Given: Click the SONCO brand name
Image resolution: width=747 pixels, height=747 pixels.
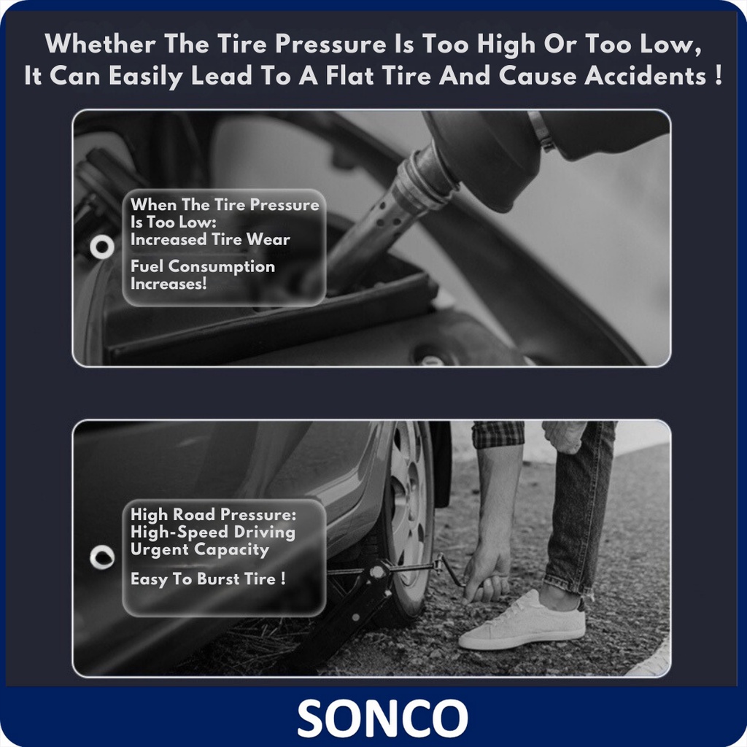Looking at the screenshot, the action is (382, 718).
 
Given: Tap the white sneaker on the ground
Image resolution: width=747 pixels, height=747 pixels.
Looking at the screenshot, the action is (523, 621).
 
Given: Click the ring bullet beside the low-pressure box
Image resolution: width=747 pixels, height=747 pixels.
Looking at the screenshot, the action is (102, 247).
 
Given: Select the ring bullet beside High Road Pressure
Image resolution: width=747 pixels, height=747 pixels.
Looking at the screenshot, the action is (102, 557).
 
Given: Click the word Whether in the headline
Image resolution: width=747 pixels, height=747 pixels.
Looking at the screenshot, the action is (100, 44).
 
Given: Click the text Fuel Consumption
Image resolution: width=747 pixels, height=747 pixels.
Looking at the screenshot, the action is (203, 266).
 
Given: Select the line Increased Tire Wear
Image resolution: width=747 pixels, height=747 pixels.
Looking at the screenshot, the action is (210, 239).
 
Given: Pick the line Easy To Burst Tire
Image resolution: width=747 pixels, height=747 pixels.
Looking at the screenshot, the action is (208, 578).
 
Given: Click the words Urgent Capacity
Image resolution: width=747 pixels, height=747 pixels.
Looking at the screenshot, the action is (200, 549).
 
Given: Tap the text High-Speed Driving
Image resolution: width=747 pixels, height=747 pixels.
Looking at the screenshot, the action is (212, 532).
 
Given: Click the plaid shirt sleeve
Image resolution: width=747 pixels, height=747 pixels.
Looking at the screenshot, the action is (498, 434).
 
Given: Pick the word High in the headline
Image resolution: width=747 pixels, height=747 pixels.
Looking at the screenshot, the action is (506, 44).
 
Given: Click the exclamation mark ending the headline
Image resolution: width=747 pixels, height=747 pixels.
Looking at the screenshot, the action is (719, 76).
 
